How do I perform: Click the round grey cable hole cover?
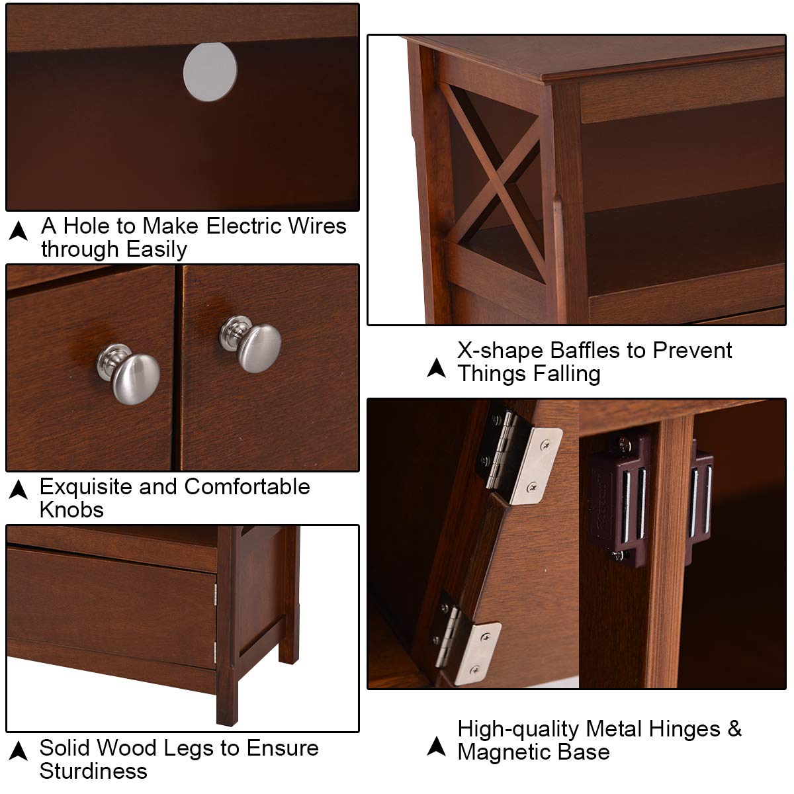coord(210,71)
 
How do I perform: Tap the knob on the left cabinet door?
coord(128,374)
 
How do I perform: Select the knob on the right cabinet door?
coord(250,344)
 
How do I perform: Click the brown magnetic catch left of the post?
coord(620,499)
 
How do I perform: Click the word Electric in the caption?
coord(243,226)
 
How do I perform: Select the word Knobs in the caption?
coord(71,510)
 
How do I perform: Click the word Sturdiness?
coord(93,771)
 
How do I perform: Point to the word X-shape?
coord(501,351)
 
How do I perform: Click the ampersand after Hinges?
coord(734,728)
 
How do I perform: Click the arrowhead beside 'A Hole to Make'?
coord(18,230)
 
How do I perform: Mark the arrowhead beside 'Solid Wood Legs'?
coord(18,751)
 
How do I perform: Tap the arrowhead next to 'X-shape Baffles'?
coord(436,367)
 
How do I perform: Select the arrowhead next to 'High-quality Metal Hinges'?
coord(436,746)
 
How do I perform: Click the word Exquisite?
coord(86,486)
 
